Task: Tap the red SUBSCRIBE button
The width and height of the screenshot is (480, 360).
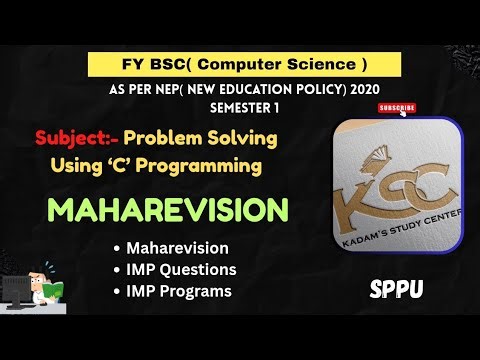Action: point(397,106)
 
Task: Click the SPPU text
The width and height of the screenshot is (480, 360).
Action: point(395,289)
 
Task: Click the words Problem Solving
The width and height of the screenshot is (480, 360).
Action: point(212,136)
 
